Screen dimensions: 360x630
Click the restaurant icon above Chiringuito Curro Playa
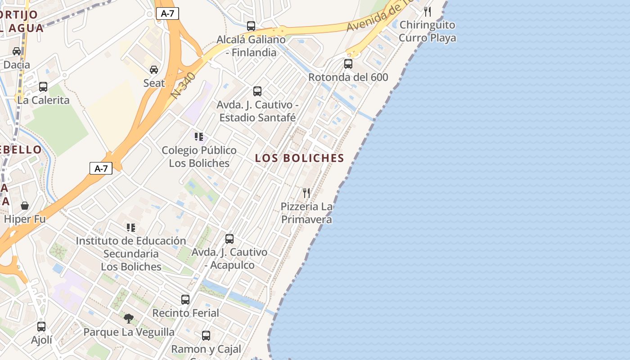click(x=427, y=12)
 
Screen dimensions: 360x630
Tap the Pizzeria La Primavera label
click(x=306, y=213)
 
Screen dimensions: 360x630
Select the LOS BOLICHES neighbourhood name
click(x=299, y=158)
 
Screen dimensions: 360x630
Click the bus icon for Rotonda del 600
click(x=348, y=64)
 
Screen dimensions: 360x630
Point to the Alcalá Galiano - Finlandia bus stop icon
click(x=251, y=26)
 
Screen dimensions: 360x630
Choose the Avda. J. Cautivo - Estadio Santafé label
click(x=257, y=111)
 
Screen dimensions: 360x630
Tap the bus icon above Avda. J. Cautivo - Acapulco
click(x=229, y=239)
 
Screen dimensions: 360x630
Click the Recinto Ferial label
click(x=185, y=313)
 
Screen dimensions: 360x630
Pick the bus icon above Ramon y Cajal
click(x=206, y=335)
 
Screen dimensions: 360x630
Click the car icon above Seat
click(x=154, y=70)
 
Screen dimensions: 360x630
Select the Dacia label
click(x=17, y=65)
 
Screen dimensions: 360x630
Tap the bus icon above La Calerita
click(x=43, y=87)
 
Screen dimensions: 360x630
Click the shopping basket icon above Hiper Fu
click(x=25, y=206)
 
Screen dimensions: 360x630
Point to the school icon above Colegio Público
click(x=199, y=137)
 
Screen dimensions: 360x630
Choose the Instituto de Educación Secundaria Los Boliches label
click(x=131, y=254)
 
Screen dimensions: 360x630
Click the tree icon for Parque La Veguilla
click(x=129, y=319)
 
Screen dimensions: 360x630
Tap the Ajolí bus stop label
click(x=41, y=340)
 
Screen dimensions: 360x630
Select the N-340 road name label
click(x=184, y=85)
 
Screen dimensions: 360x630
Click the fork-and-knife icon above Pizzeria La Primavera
click(x=306, y=193)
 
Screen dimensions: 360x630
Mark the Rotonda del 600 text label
click(x=348, y=77)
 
